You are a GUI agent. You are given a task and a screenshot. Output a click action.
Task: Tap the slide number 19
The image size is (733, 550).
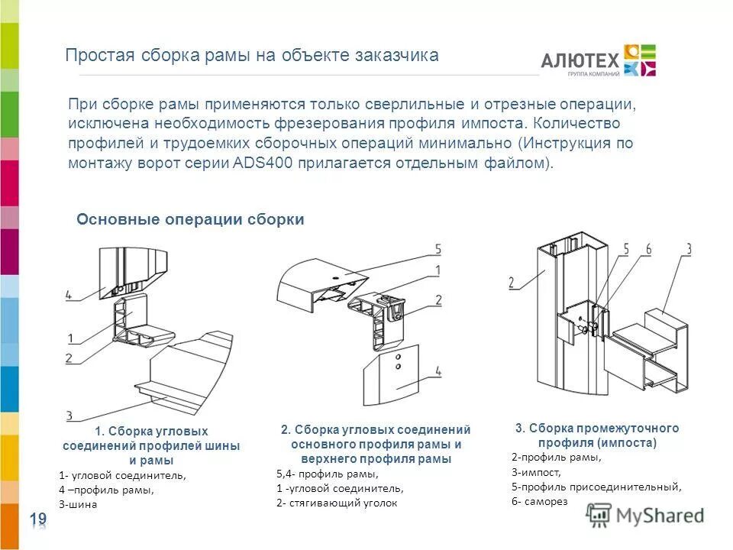point(38,520)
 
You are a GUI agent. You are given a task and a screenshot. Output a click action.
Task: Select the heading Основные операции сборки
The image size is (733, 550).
point(190,220)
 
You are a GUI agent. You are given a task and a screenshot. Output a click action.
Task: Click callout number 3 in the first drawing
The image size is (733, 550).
point(69,416)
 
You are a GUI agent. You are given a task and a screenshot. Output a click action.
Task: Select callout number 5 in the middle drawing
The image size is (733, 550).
point(438,249)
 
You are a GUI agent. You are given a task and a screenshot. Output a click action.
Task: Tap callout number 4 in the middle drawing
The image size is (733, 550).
point(438,372)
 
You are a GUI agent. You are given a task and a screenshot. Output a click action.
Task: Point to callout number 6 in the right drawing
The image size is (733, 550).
point(647,249)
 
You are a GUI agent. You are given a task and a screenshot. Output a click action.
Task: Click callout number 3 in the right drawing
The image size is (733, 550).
point(688,249)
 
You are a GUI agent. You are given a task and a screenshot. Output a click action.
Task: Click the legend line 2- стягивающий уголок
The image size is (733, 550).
point(337,503)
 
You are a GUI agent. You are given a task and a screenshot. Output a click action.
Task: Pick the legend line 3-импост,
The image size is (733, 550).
point(532,472)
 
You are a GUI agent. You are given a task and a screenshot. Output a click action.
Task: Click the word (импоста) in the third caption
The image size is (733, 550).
point(628,443)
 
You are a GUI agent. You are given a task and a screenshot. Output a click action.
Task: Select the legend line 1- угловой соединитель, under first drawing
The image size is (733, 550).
point(121,475)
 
